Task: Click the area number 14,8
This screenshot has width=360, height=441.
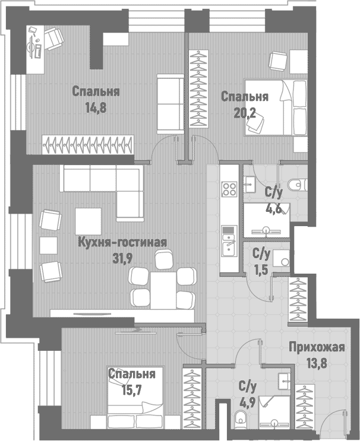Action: [96, 107]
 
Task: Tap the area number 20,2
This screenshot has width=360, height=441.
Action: [245, 113]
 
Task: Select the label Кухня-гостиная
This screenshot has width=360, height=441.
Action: [122, 242]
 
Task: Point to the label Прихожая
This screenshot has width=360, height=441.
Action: [317, 347]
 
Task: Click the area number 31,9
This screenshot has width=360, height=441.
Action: [122, 258]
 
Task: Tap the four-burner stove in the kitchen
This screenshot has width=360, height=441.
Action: [229, 189]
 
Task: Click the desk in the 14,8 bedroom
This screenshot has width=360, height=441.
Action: [36, 49]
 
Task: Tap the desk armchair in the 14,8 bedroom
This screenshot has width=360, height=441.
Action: [53, 39]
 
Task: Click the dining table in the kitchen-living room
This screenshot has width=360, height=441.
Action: [163, 290]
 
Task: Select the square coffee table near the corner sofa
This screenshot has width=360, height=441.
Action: [88, 221]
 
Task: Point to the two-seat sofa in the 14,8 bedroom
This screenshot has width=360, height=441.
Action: [170, 104]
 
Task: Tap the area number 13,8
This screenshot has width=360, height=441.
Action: [317, 363]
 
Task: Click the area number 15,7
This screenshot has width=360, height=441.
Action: [132, 390]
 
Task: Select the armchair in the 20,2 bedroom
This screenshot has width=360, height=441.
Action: [279, 61]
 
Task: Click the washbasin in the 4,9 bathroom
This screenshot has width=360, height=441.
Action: [285, 382]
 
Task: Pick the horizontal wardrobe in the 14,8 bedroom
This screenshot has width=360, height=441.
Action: [88, 145]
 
